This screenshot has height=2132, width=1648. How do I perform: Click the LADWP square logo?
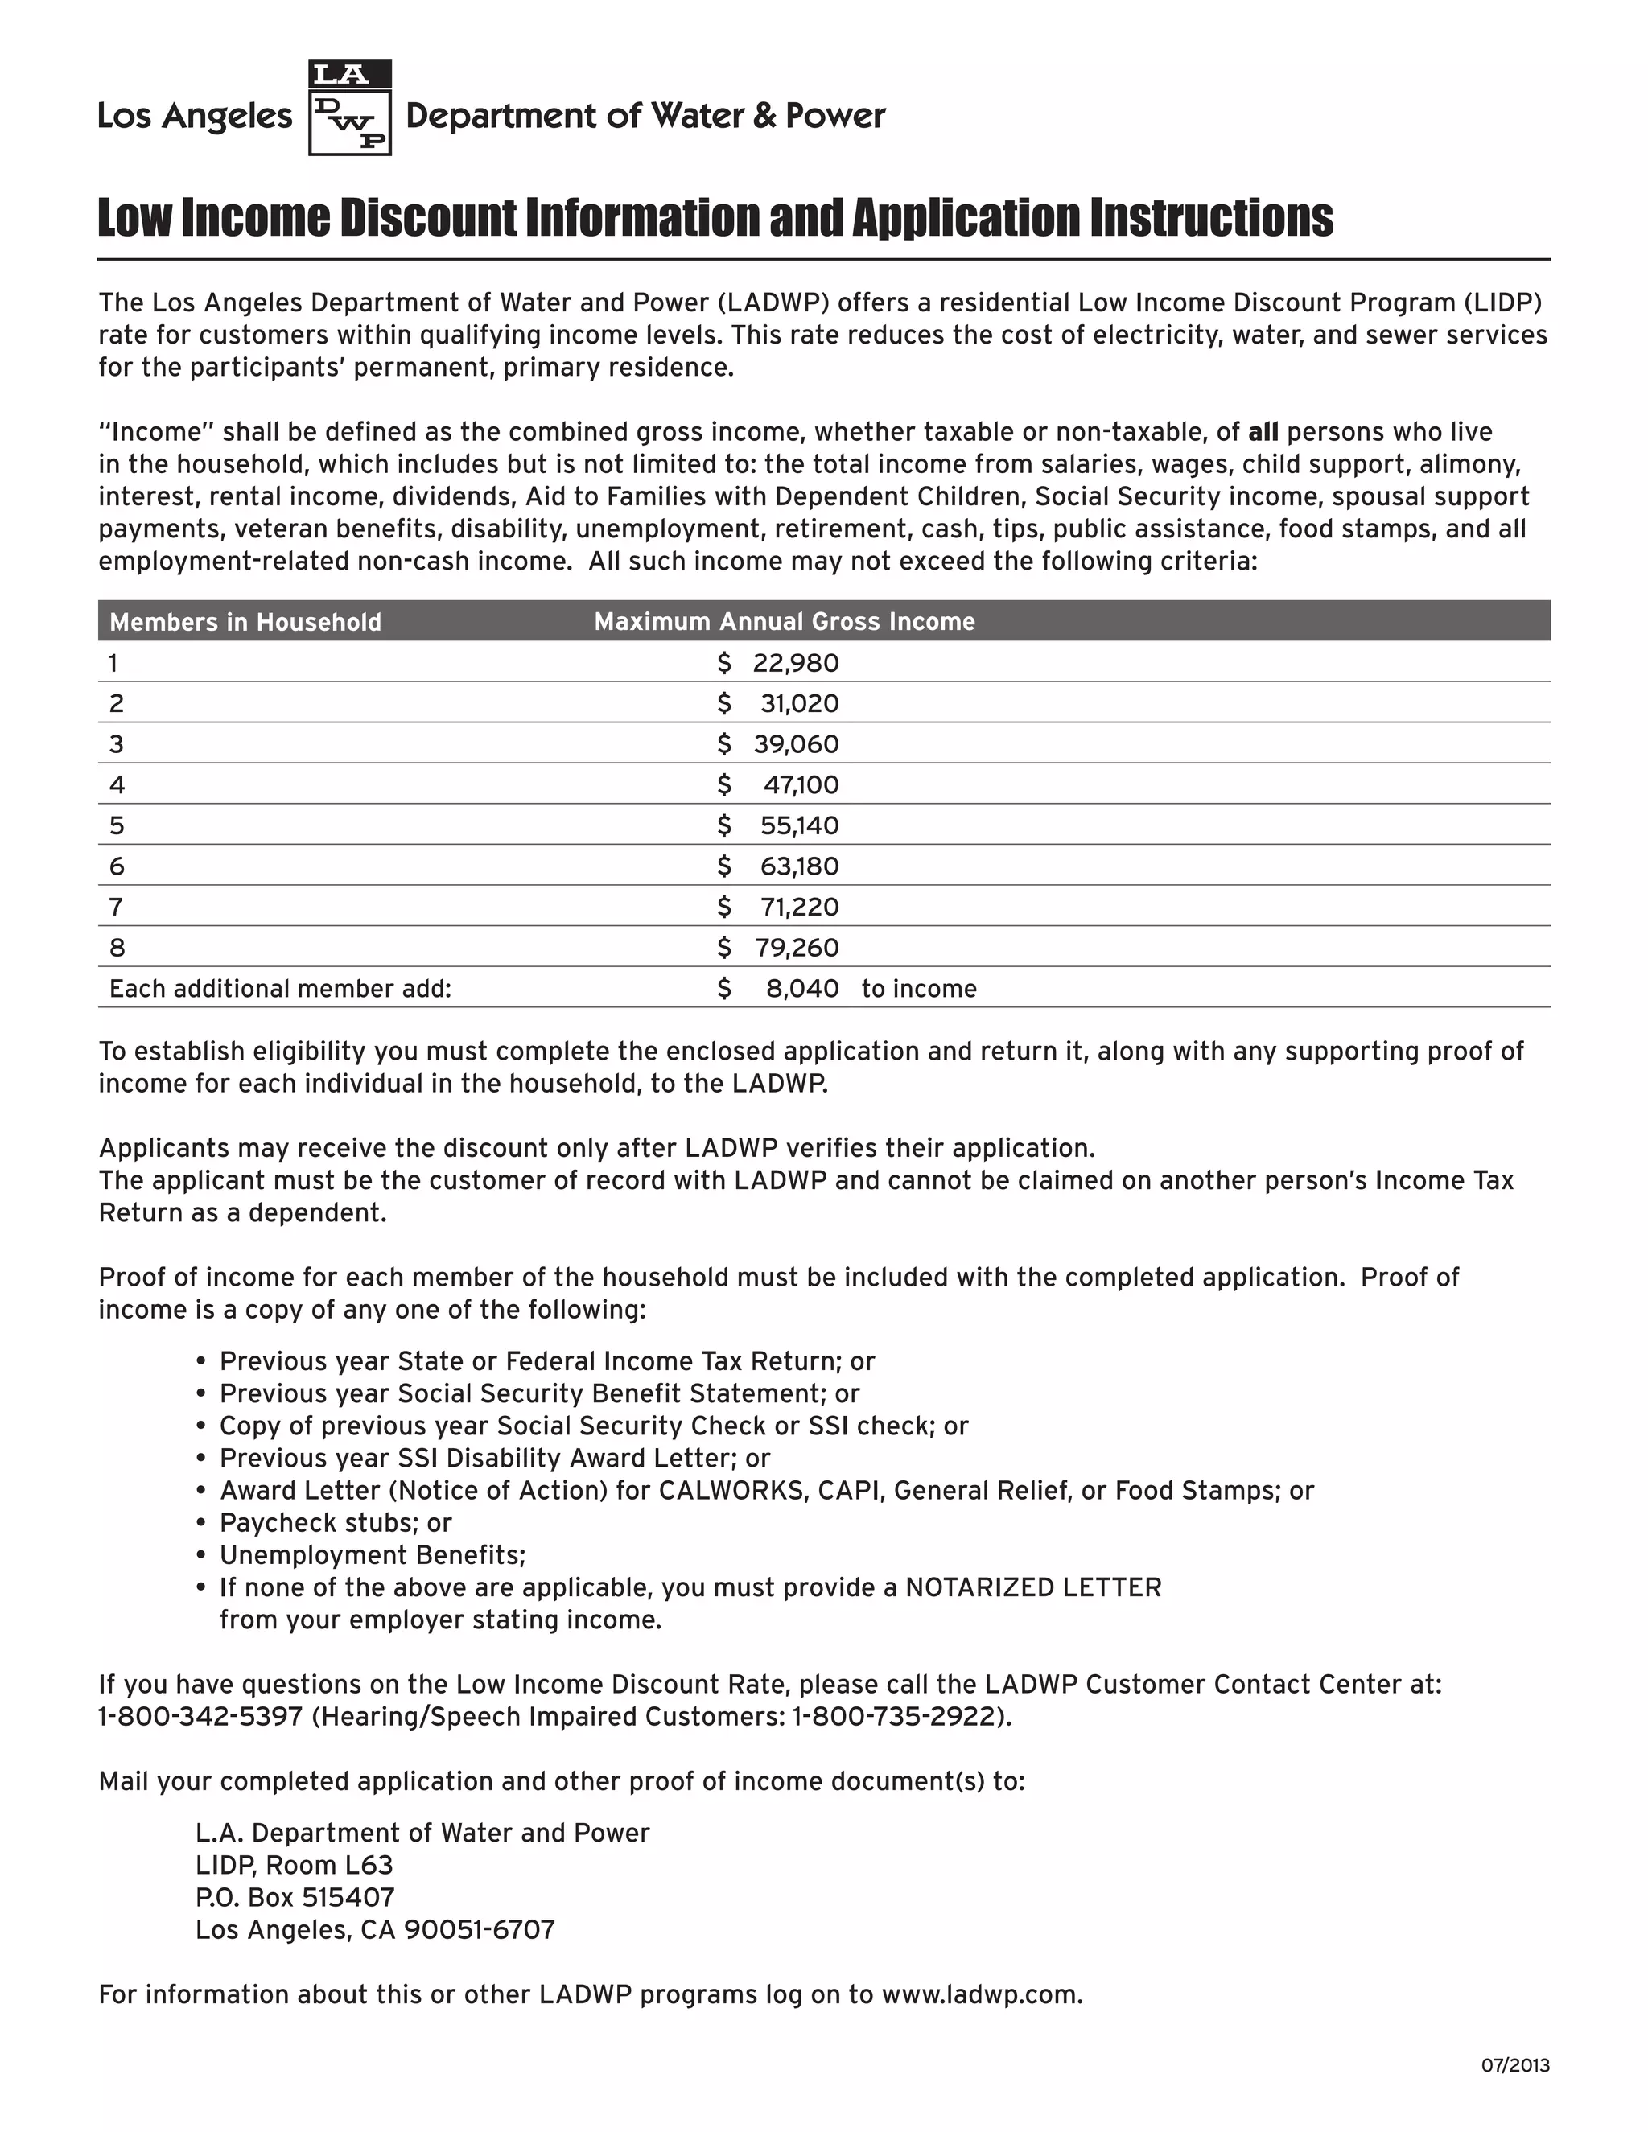(x=349, y=107)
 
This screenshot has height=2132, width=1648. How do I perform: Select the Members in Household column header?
(x=245, y=622)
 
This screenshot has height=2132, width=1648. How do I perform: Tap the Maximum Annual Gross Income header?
(x=784, y=622)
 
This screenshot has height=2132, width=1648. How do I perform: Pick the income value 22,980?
(x=795, y=664)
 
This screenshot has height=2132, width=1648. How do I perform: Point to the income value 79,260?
(x=796, y=948)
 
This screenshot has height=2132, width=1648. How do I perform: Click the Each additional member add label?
(x=280, y=989)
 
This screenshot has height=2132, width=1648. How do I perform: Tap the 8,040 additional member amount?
(x=801, y=989)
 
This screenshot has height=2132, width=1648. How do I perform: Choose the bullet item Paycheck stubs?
(x=335, y=1523)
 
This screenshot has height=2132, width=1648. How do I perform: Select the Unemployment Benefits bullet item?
(x=372, y=1555)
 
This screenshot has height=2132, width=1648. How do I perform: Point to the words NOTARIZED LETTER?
(x=1033, y=1587)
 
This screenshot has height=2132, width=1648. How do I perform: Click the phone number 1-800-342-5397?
(x=200, y=1716)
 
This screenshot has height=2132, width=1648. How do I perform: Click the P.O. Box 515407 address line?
(x=295, y=1897)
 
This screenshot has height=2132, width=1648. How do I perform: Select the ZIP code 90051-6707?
(x=480, y=1929)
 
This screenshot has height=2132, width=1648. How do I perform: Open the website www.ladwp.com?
(x=980, y=1994)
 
